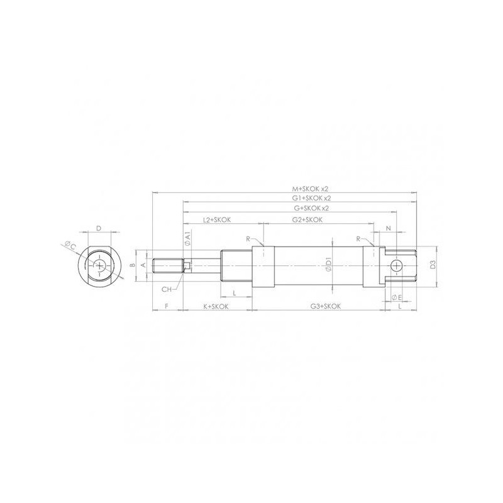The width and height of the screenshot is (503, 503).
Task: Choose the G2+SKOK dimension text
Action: [x=307, y=220]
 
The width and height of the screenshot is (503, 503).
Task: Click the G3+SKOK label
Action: [x=325, y=306]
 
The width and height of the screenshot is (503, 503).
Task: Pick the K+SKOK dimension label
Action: [x=216, y=306]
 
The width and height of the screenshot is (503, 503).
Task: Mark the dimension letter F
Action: [x=166, y=306]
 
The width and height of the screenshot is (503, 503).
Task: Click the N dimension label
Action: [x=388, y=228]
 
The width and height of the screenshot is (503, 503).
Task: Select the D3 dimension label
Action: [x=434, y=266]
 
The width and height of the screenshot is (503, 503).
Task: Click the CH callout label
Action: [x=167, y=289]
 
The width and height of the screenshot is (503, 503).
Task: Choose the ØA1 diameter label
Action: [x=187, y=239]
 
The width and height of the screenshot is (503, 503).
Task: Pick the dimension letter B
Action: [x=132, y=266]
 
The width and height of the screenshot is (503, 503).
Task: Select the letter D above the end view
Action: [x=99, y=229]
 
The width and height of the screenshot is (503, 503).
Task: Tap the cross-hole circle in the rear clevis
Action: [x=395, y=266]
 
